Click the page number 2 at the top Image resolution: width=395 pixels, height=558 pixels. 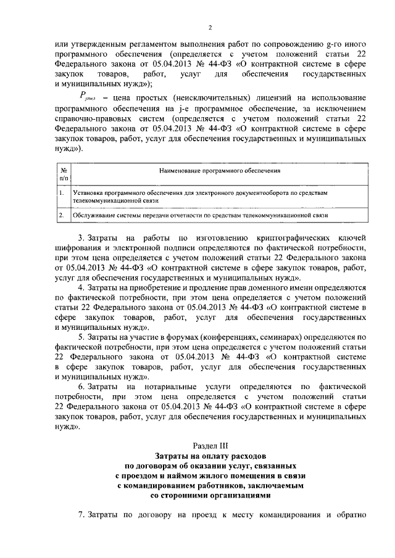coord(210,28)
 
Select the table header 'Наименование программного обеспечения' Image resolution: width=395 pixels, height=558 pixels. coord(220,170)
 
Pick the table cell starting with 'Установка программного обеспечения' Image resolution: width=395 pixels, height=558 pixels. coord(204,197)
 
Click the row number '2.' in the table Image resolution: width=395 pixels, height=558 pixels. coord(62,216)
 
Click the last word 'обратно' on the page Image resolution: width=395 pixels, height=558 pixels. coord(351,514)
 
